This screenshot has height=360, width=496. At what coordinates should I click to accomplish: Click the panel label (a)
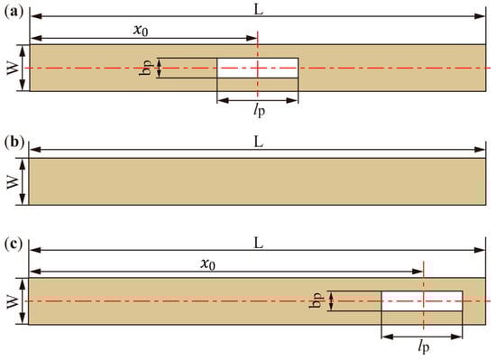point(14,12)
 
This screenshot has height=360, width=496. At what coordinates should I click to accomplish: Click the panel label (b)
point(14,143)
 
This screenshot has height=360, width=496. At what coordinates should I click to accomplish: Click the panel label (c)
point(14,244)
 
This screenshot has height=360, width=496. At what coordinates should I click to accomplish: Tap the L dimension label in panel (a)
point(259,10)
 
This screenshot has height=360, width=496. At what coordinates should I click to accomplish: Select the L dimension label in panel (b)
point(259,143)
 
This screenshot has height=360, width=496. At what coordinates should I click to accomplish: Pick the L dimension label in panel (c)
point(259,244)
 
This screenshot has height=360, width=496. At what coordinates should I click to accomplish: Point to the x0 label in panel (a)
point(141,31)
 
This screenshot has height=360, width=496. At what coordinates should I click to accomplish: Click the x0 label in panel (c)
point(207,264)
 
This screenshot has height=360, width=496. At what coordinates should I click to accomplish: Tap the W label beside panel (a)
point(12,68)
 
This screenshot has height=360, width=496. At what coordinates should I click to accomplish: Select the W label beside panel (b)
point(12,181)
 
